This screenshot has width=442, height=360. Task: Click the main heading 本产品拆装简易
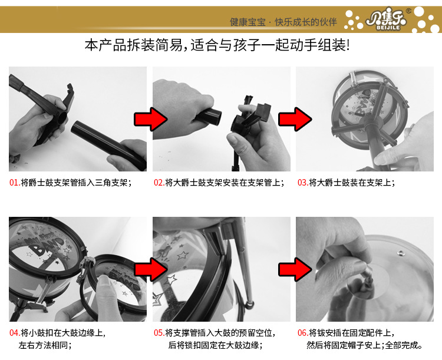click(x=136, y=46)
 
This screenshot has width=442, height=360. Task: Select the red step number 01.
click(x=14, y=183)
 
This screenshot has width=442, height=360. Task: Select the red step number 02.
click(x=159, y=183)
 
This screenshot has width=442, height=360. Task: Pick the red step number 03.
click(x=303, y=183)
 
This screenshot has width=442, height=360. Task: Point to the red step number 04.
click(x=14, y=333)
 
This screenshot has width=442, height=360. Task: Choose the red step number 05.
click(x=159, y=333)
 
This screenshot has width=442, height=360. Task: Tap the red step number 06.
click(x=303, y=333)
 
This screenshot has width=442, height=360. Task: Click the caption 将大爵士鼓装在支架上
click(x=352, y=183)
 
